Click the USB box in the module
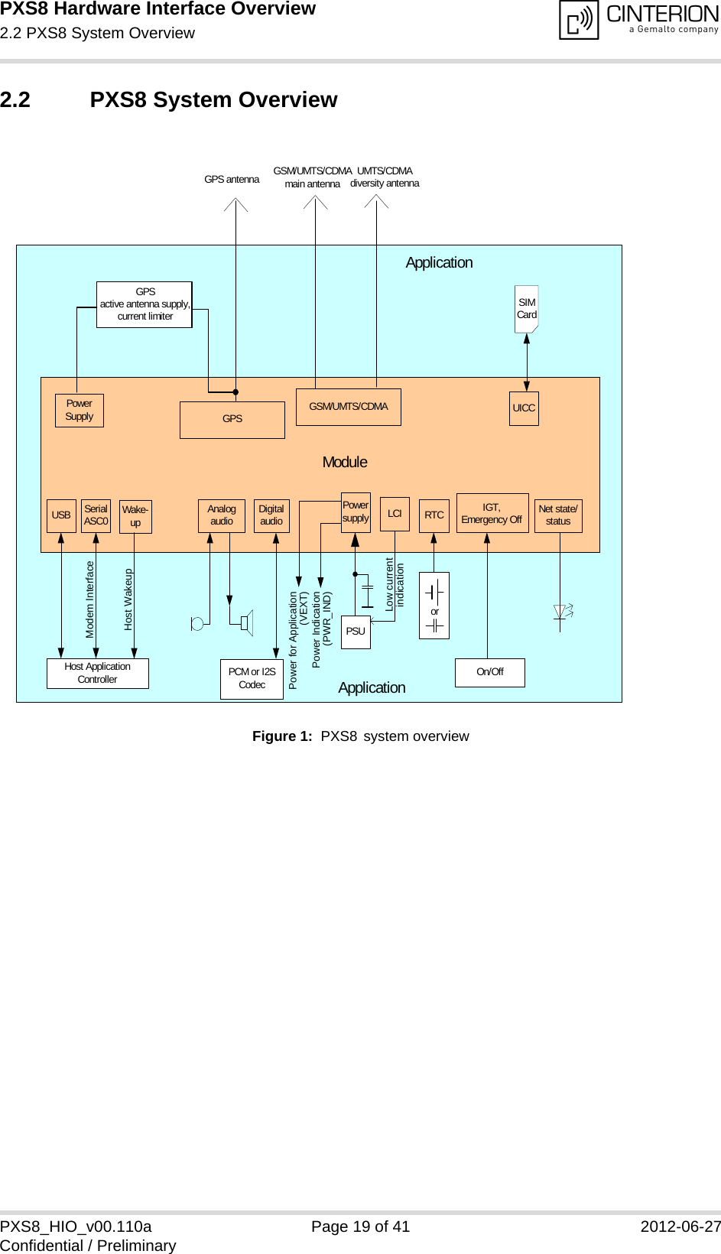coord(61,515)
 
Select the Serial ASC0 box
coord(96,515)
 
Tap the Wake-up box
coord(135,517)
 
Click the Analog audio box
coord(221,515)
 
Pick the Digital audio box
coord(271,515)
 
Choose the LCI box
coord(395,514)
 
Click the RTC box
coord(434,515)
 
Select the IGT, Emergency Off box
coord(492,513)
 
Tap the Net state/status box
coord(558,515)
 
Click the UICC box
coord(524,408)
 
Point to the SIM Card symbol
coord(526,309)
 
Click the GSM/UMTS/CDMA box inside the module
coord(348,407)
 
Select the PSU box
coord(356,632)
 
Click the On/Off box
coord(489,672)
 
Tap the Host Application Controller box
coord(97,673)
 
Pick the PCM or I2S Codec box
coord(252,678)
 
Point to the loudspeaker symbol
coord(245,622)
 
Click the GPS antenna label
coord(232,180)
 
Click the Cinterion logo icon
coord(579,20)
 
